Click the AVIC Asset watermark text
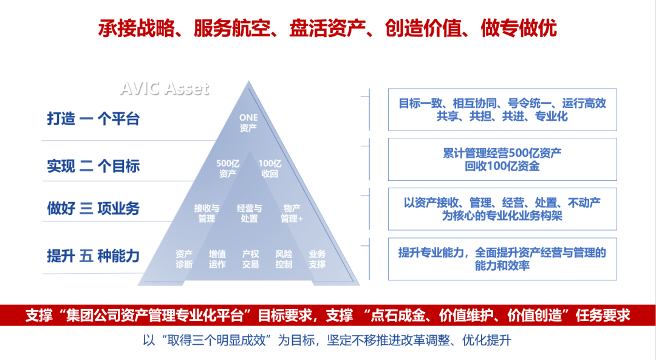coord(164,88)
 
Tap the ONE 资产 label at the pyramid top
coord(248,123)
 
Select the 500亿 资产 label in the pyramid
coord(227,168)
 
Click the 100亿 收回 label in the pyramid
coord(269,168)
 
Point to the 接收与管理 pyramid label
coord(207,213)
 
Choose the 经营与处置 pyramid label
coord(249,213)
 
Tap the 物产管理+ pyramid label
coord(292,213)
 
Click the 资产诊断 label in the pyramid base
coord(184,259)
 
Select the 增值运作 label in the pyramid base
coord(217,259)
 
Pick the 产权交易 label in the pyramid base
coord(250,259)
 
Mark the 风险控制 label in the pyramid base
coord(284,259)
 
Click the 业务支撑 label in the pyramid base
coord(316,259)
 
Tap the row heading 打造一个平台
coord(94,118)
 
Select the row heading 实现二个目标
coord(94,166)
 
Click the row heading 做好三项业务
coord(94,208)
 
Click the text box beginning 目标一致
coord(502,109)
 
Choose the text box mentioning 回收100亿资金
coord(502,159)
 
